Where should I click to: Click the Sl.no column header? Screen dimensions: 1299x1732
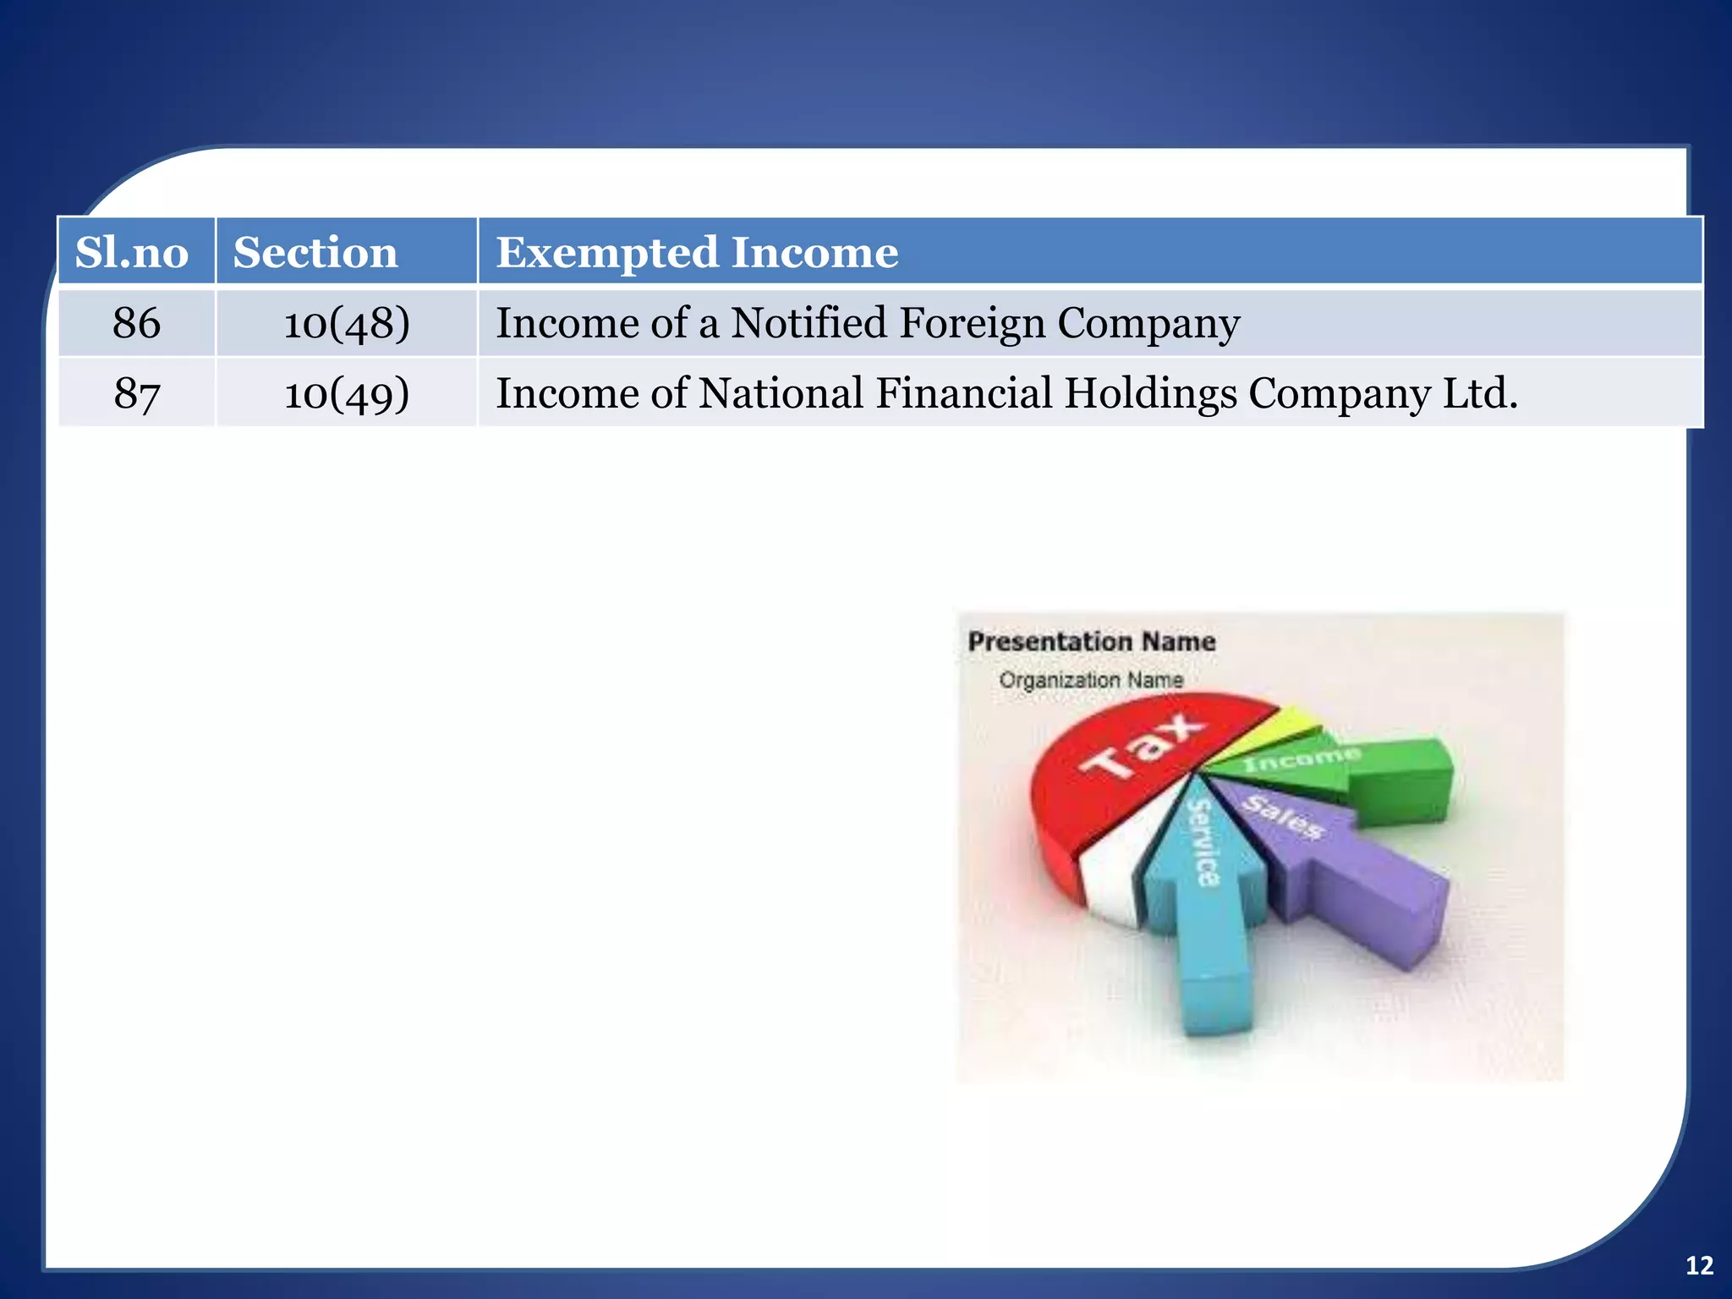tap(132, 252)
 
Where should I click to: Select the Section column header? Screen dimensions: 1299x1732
tap(315, 252)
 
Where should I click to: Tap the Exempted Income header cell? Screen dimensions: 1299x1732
tap(697, 252)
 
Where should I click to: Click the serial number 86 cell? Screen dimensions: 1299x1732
tap(136, 323)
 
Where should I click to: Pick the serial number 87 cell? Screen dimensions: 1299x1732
tap(136, 393)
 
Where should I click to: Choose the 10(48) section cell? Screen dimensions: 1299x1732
tap(347, 323)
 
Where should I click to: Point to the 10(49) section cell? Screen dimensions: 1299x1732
tap(347, 393)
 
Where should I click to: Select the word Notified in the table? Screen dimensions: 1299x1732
tap(808, 323)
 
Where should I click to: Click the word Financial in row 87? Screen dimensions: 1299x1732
tap(963, 393)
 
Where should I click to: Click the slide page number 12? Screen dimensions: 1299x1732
tap(1699, 1265)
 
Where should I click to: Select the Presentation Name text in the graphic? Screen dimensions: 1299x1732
tap(1091, 642)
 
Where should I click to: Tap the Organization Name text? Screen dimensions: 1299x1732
tap(1091, 680)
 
